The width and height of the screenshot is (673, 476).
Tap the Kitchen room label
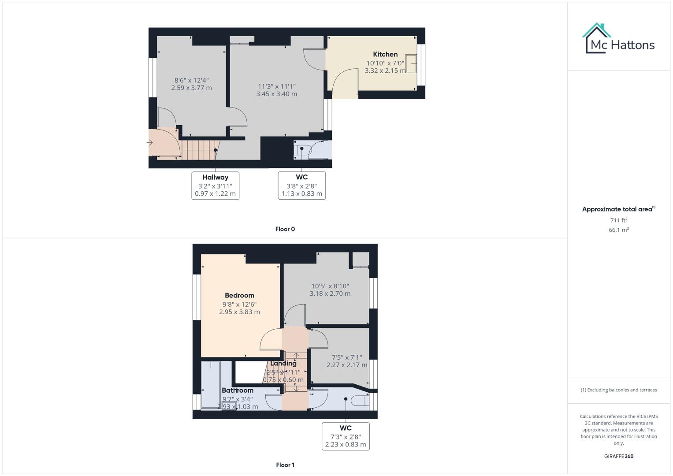pyautogui.click(x=385, y=54)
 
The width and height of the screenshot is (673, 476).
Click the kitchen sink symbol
pyautogui.click(x=411, y=63)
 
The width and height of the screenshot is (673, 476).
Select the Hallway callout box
pyautogui.click(x=215, y=186)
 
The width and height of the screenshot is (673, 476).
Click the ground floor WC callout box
pyautogui.click(x=301, y=186)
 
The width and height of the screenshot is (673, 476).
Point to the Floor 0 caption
pyautogui.click(x=285, y=229)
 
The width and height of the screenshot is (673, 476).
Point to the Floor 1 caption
pyautogui.click(x=285, y=465)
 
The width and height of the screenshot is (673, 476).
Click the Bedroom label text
pyautogui.click(x=239, y=295)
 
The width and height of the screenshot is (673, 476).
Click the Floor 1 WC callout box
pyautogui.click(x=346, y=436)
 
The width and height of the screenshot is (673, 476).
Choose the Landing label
pyautogui.click(x=283, y=364)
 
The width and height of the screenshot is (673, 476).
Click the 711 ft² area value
pyautogui.click(x=618, y=220)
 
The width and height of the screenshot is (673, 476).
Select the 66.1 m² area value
pyautogui.click(x=618, y=230)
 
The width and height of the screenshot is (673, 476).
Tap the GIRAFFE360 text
pyautogui.click(x=618, y=456)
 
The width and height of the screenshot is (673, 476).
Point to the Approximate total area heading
pyautogui.click(x=618, y=209)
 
